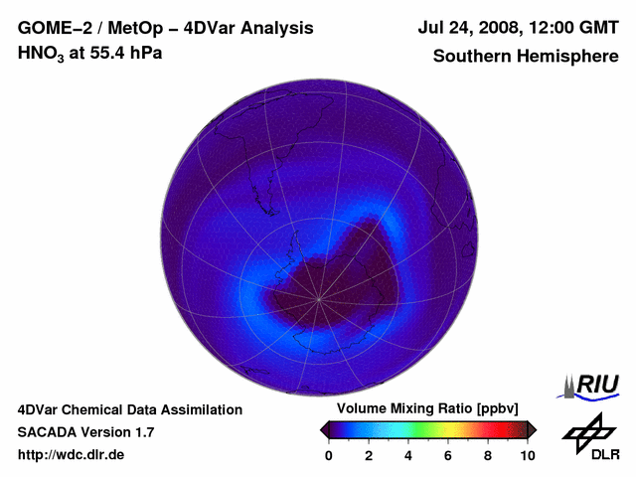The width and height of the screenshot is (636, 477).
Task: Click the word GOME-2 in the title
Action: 50,29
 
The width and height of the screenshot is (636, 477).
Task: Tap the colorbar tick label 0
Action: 329,455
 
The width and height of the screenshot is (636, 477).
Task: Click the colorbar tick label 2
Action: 369,455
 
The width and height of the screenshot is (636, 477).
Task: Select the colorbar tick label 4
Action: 408,455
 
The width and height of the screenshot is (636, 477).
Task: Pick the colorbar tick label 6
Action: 448,455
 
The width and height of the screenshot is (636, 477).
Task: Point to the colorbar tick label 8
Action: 488,455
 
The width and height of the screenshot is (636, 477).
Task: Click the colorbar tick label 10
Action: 528,455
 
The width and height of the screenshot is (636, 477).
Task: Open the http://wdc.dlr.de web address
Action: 72,455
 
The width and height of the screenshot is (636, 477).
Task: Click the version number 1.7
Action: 142,432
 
